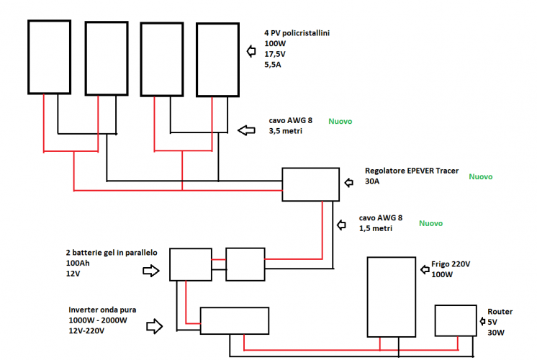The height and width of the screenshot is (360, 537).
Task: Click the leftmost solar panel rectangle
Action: pos(49,57)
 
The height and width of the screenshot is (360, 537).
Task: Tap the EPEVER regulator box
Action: pos(310,184)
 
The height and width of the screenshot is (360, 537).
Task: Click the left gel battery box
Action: pos(191,264)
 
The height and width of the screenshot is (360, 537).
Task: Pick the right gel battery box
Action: pos(245,264)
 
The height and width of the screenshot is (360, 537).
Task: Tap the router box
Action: pos(455,321)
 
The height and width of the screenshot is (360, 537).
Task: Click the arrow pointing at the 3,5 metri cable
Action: pos(247,130)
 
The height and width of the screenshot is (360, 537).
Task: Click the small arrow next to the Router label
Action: pos(482,322)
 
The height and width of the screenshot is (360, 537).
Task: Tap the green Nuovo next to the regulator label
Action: pos(479,176)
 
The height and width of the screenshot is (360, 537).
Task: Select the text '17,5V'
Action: pos(275,54)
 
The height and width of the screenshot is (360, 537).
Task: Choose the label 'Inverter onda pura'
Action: pos(101,310)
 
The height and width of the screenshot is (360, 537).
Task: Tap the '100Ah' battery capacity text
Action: pos(78,264)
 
